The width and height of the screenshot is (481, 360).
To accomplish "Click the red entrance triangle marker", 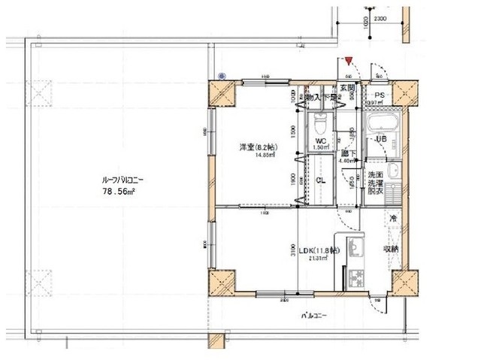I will [x=349, y=59].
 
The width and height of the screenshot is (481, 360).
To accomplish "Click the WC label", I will [x=319, y=141].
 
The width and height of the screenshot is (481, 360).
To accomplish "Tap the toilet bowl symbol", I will [x=318, y=121].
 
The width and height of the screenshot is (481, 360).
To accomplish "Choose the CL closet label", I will [x=319, y=180].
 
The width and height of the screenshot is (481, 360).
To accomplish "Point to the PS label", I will [x=380, y=95].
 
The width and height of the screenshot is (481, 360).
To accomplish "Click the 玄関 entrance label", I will [x=346, y=89].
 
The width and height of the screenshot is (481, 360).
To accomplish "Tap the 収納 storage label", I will [x=392, y=250].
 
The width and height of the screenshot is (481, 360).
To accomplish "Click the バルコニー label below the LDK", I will [x=314, y=316].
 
